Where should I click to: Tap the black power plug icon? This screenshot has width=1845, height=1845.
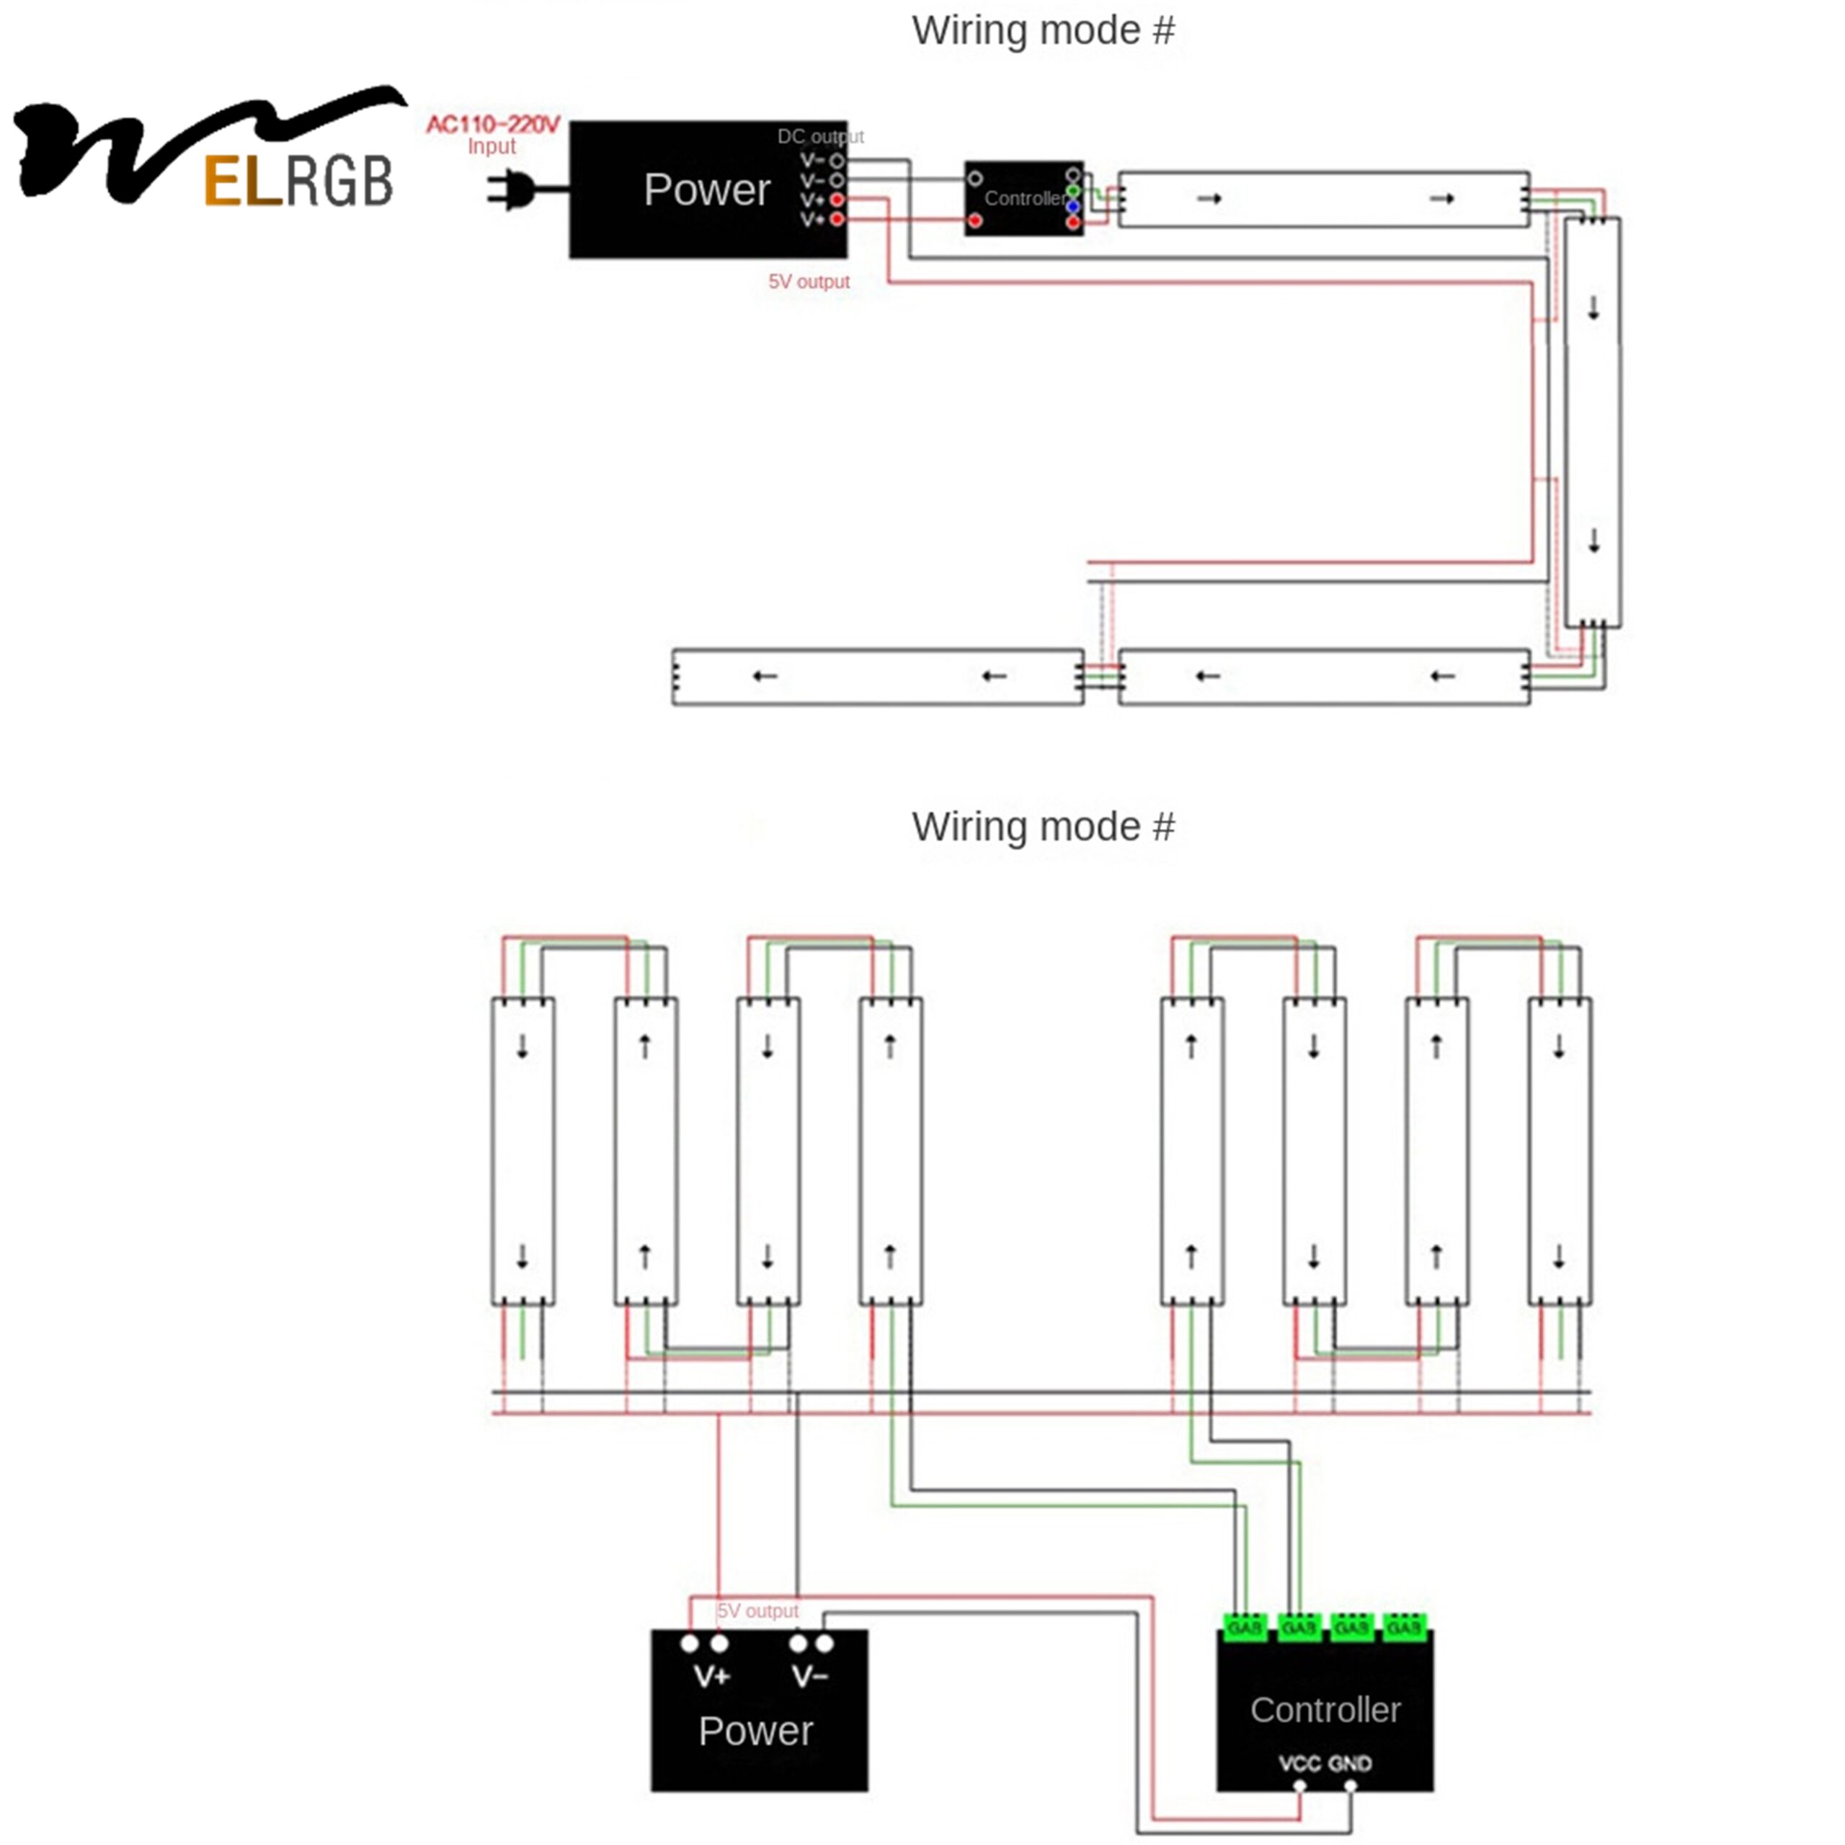coord(514,188)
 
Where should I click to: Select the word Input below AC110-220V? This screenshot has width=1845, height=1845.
coord(491,147)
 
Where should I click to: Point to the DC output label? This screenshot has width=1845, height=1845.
coord(820,136)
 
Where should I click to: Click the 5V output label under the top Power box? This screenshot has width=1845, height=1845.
coord(809,282)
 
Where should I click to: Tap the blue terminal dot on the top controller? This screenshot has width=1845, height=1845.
coord(1072,206)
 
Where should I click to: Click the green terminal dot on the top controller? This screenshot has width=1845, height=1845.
coord(1072,191)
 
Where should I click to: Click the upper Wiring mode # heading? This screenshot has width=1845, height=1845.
coord(1043,30)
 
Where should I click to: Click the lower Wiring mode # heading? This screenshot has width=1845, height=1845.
coord(1043,827)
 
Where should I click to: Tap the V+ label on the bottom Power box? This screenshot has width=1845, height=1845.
coord(711,1676)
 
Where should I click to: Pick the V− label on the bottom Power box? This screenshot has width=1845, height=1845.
coord(810,1676)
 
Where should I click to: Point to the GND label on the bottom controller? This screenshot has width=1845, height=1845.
coord(1349,1763)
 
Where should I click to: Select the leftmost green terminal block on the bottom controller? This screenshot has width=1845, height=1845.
coord(1245,1627)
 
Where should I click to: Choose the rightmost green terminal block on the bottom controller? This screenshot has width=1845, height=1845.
coord(1404,1627)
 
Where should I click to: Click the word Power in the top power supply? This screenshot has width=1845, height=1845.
coord(707,190)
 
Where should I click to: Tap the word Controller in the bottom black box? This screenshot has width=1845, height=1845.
coord(1325,1710)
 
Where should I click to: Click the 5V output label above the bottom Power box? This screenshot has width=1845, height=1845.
coord(758,1611)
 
